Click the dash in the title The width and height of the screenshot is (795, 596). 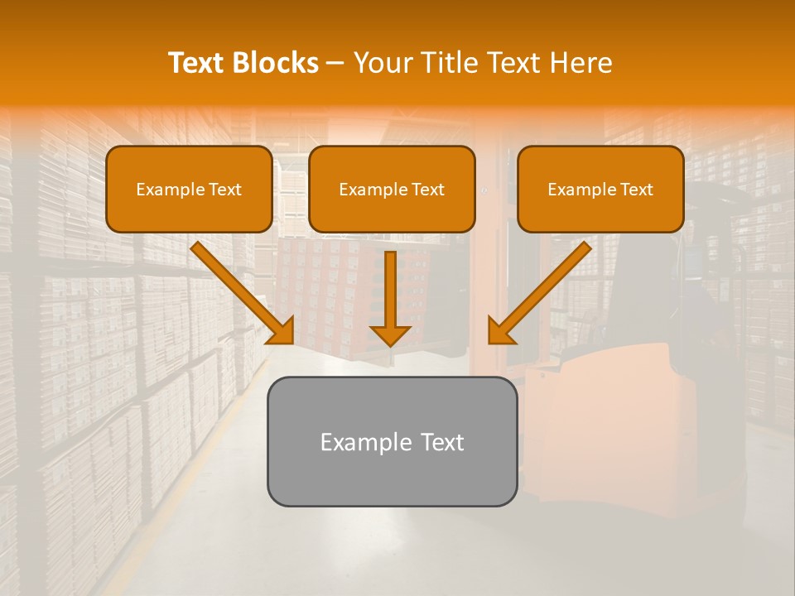click(336, 64)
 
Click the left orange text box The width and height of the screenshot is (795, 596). click(189, 189)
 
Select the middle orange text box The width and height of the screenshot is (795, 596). click(392, 189)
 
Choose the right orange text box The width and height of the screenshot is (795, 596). click(600, 189)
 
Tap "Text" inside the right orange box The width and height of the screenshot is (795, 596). click(636, 190)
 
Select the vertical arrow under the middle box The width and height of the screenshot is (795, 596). click(390, 294)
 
